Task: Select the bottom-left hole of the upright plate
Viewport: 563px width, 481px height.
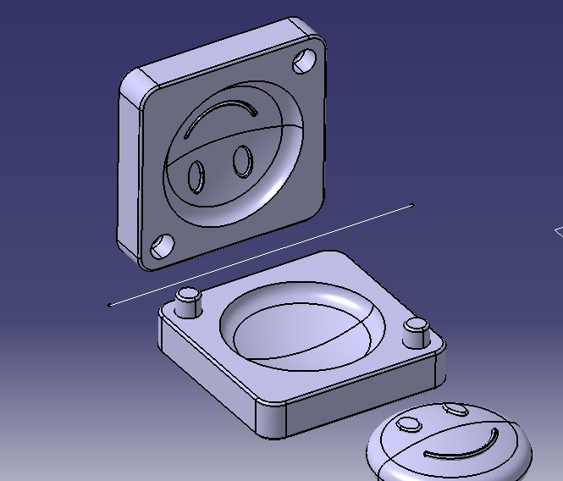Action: point(161,246)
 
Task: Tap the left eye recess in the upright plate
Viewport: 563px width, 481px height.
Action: point(196,176)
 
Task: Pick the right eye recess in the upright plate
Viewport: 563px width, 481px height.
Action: point(243,161)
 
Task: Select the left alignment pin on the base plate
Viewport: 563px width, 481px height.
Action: point(188,301)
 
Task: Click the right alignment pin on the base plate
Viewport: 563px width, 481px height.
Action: point(415,332)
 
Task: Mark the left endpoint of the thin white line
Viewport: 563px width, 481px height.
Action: point(110,305)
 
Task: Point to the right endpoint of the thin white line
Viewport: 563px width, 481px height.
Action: point(412,205)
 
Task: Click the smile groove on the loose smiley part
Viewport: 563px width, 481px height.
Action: point(461,451)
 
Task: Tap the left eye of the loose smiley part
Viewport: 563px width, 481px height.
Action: point(411,423)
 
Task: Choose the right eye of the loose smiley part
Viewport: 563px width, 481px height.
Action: point(456,411)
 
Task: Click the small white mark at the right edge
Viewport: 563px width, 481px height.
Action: point(558,231)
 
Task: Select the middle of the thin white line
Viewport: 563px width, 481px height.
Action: point(261,255)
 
